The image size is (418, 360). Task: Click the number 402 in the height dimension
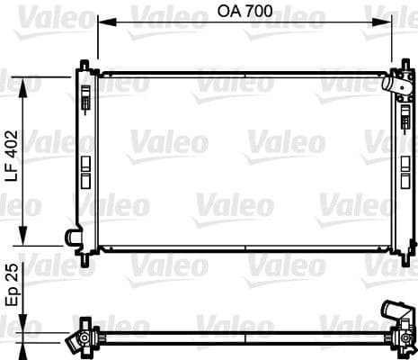point(12,144)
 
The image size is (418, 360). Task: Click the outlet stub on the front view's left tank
point(72,237)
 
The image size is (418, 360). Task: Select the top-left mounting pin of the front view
point(85,65)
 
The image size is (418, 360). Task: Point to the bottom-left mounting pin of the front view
point(85,258)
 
